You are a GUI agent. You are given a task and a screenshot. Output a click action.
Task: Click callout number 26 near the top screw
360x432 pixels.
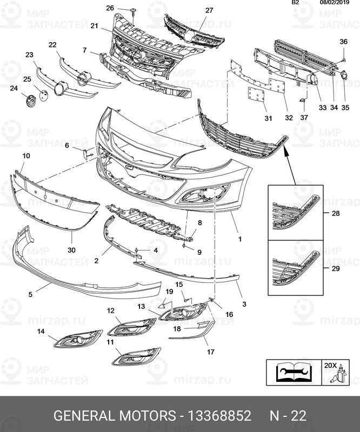(x=110, y=8)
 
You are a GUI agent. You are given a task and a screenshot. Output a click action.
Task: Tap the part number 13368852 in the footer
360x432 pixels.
(x=219, y=416)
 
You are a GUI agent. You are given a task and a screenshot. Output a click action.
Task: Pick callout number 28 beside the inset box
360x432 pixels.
(x=336, y=214)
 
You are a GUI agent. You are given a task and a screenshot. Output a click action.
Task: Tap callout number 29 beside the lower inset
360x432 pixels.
(x=336, y=268)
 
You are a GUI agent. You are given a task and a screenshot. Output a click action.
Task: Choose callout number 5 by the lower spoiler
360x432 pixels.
(x=31, y=294)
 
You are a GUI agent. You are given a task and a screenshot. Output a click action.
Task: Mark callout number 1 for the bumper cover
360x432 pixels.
(x=239, y=238)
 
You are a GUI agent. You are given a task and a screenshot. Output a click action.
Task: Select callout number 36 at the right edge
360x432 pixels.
(x=344, y=42)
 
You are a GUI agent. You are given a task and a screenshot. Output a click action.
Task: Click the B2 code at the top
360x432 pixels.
(x=296, y=3)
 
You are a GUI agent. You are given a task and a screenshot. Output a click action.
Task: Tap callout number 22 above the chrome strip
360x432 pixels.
(x=52, y=45)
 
